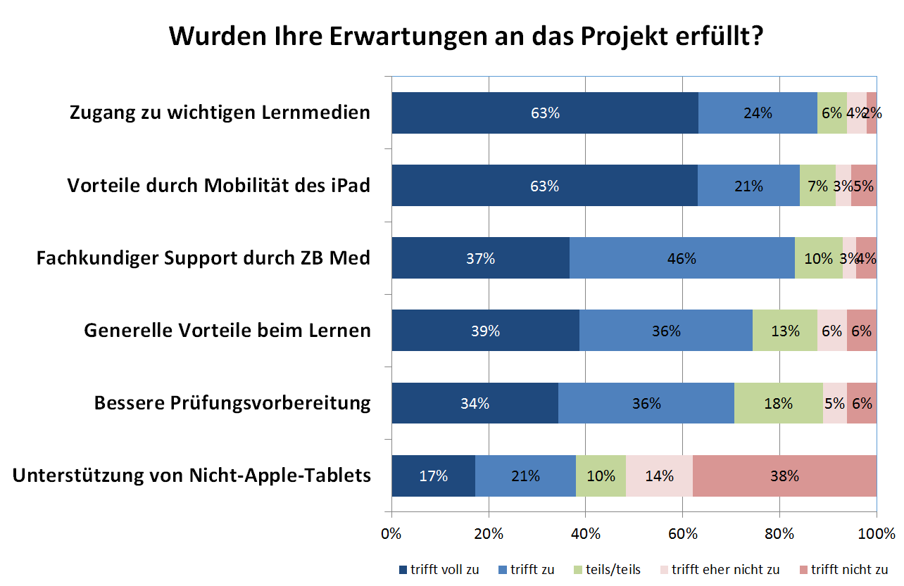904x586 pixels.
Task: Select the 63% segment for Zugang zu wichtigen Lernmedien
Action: point(545,113)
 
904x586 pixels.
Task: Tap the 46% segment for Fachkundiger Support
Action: point(682,258)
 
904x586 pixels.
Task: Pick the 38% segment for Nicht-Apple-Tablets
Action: point(784,476)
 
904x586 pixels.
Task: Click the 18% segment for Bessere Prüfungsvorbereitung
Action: point(778,403)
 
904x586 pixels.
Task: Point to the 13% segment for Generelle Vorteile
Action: point(784,331)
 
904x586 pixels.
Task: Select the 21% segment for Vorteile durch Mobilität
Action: point(748,186)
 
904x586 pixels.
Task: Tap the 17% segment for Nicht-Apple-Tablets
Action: point(434,476)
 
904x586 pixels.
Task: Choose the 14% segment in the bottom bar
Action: point(659,476)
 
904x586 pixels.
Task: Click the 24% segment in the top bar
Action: point(758,113)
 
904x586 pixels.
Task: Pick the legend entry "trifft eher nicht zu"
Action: point(725,569)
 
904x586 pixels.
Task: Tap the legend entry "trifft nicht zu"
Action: point(849,569)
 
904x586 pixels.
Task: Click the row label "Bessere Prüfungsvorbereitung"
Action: point(232,403)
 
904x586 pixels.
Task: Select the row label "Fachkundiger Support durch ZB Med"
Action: point(203,258)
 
